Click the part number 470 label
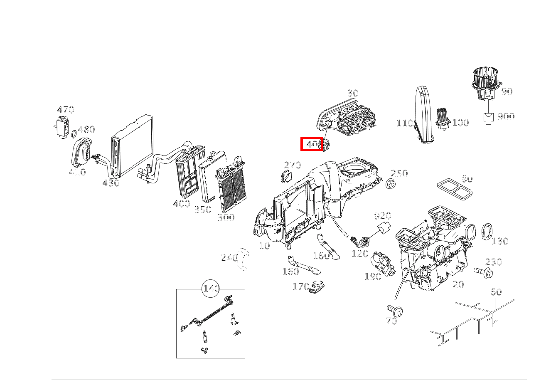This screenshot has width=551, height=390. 65,110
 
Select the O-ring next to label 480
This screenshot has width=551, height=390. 74,134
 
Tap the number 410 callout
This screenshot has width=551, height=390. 77,172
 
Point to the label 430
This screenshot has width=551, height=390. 111,183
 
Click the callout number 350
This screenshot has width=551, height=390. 203,210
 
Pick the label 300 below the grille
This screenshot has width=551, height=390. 226,217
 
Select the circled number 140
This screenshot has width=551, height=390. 211,289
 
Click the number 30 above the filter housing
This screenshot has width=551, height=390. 352,93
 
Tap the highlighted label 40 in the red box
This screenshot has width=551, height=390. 312,144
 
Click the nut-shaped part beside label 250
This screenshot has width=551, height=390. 389,183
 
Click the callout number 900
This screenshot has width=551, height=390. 506,117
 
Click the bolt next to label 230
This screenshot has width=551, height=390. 483,272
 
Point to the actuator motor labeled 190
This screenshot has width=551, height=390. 384,263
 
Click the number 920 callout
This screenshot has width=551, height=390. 382,216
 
